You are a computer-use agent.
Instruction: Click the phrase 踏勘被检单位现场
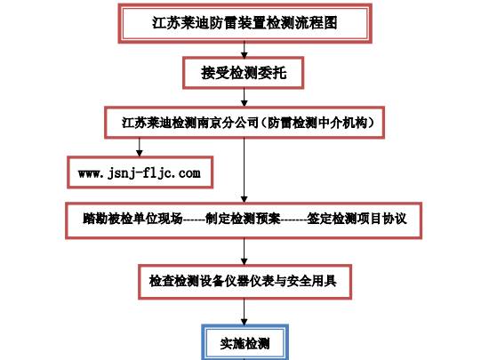click(x=132, y=219)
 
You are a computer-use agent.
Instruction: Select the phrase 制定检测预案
click(x=243, y=219)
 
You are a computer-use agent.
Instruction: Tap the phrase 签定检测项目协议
click(x=357, y=219)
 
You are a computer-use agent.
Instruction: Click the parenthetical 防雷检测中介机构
click(x=317, y=123)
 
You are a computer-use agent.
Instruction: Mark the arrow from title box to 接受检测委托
click(x=244, y=50)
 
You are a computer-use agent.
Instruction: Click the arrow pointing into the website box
click(x=140, y=148)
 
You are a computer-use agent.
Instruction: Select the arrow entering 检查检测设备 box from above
click(x=244, y=252)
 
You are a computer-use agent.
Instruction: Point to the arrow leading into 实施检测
click(x=244, y=312)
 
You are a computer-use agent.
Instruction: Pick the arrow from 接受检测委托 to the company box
click(x=244, y=98)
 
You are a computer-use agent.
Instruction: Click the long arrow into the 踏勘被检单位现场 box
click(x=244, y=170)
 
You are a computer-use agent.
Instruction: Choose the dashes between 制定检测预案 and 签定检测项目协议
click(x=293, y=220)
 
